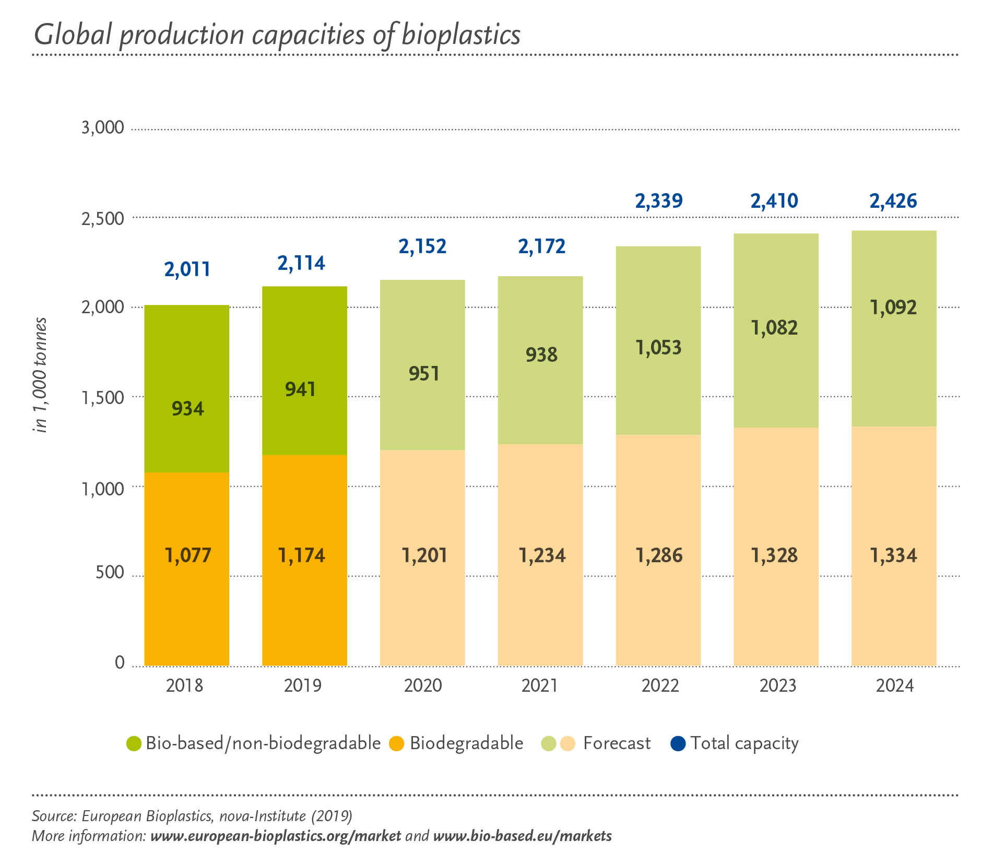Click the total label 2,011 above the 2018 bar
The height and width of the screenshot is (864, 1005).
[x=187, y=269]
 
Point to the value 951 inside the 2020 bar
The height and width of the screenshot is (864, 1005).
[x=424, y=374]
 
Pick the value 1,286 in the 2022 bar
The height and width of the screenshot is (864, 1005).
[x=659, y=555]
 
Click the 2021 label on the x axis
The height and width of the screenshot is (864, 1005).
[x=540, y=685]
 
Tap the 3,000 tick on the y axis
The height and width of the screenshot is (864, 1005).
[x=103, y=128]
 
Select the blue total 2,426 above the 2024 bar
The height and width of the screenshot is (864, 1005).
[x=893, y=202]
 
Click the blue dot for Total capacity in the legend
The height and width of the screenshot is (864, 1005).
[x=678, y=743]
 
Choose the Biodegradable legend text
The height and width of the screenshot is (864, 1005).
[x=466, y=743]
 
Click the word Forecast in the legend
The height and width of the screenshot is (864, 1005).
[x=617, y=743]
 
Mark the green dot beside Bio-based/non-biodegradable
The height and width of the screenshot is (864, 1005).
[x=134, y=743]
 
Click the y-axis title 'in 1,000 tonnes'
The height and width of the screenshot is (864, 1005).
[x=41, y=375]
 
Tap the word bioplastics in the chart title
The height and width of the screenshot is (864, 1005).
[x=461, y=35]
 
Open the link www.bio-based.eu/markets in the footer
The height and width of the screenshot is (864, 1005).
[x=522, y=836]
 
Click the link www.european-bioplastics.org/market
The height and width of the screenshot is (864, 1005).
[x=276, y=836]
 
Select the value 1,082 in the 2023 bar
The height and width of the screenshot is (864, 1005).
[x=774, y=328]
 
